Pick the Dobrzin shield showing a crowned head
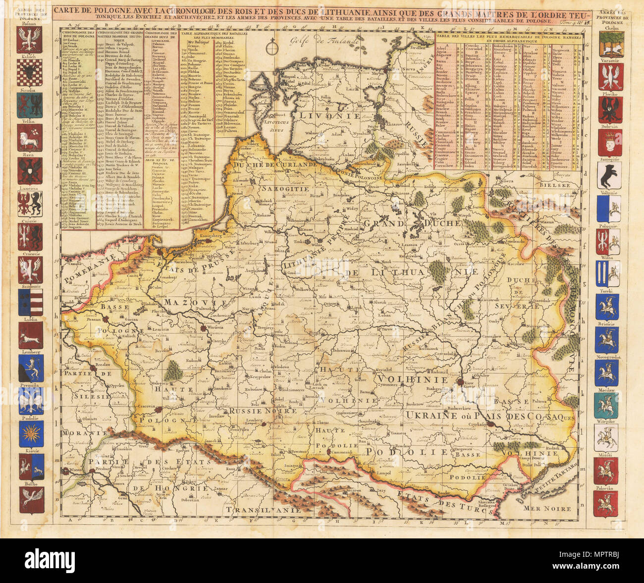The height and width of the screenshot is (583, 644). coord(608,144)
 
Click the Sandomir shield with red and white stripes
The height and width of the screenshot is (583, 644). coord(31,302)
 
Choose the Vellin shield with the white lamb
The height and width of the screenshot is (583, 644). coord(31,138)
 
